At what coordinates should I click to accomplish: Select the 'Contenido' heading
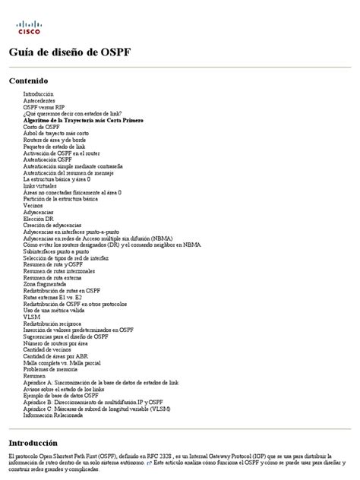28,80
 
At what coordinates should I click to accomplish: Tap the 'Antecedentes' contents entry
39,100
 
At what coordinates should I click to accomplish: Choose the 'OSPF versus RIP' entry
43,107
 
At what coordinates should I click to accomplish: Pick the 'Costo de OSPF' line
42,126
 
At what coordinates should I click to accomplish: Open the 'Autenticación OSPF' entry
48,159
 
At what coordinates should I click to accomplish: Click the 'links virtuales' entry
40,185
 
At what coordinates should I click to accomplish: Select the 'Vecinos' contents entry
33,205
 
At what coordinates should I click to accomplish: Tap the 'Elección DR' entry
38,218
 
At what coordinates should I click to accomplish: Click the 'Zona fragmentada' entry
45,284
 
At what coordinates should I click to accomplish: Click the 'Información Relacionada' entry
53,415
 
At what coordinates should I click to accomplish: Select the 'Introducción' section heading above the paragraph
33,442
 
